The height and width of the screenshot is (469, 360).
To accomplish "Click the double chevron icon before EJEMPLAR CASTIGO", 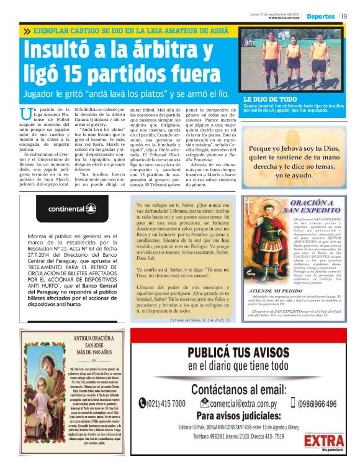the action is [x=27, y=31].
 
